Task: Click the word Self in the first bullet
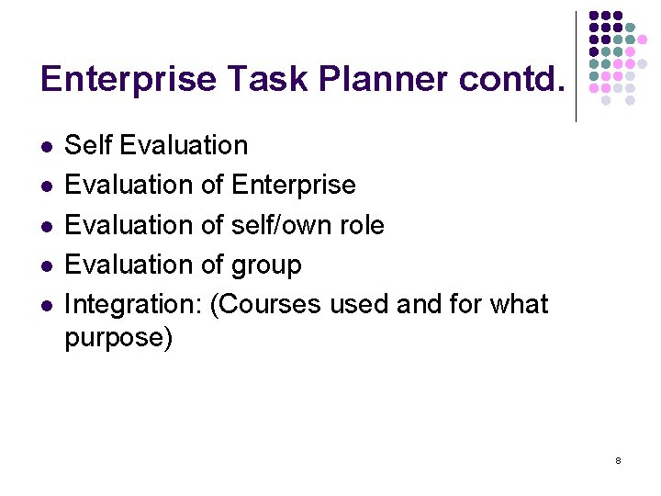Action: point(88,145)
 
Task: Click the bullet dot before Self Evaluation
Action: point(46,146)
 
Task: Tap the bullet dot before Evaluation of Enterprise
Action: point(46,186)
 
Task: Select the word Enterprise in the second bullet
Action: point(293,186)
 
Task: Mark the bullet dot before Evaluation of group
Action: point(46,265)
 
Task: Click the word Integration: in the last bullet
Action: point(133,305)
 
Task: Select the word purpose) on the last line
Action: point(118,338)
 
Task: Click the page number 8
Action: point(618,459)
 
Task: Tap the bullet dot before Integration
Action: point(46,305)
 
